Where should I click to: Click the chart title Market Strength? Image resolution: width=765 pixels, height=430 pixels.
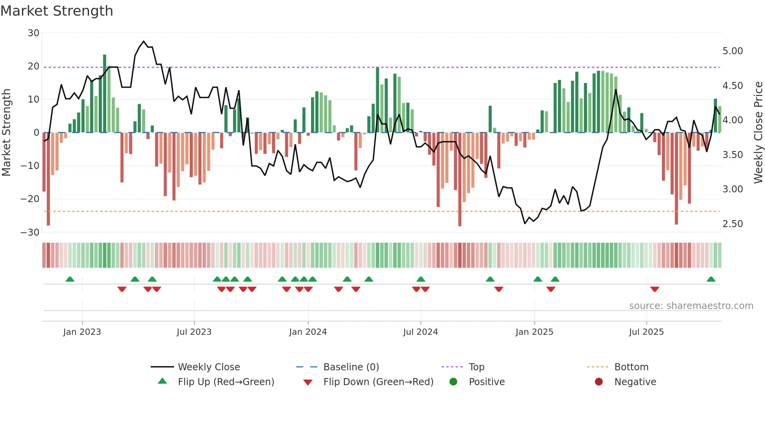[x=57, y=11]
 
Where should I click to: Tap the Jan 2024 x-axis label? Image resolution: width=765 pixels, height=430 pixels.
[x=308, y=332]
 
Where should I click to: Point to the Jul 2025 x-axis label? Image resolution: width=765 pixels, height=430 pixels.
[x=646, y=332]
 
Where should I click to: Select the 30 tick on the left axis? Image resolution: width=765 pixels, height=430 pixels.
[x=34, y=33]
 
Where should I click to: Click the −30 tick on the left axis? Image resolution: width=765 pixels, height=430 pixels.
[x=30, y=233]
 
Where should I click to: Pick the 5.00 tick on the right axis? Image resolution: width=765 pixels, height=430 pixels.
[x=733, y=51]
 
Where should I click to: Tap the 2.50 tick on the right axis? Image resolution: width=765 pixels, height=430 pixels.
[x=733, y=224]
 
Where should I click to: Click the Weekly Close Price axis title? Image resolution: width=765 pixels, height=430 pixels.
[x=758, y=133]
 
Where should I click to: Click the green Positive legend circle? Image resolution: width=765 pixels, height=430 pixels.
[x=453, y=382]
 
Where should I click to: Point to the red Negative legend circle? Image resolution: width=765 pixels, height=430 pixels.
[x=599, y=382]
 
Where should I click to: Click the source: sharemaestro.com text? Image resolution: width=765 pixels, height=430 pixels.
[x=691, y=306]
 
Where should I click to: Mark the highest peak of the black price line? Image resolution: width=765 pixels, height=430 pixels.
[x=144, y=41]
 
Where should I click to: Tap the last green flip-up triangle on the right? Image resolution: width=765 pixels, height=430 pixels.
[x=711, y=279]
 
